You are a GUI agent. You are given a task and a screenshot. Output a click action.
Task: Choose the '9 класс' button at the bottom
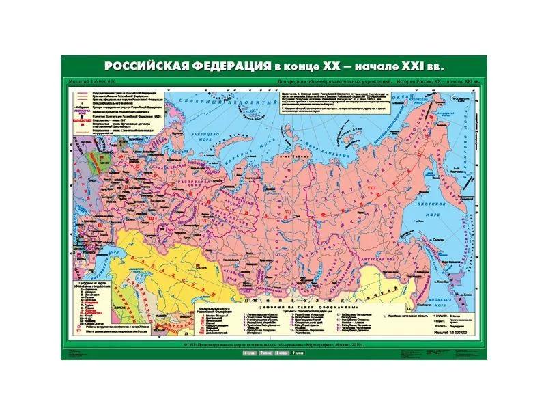point(298,353)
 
